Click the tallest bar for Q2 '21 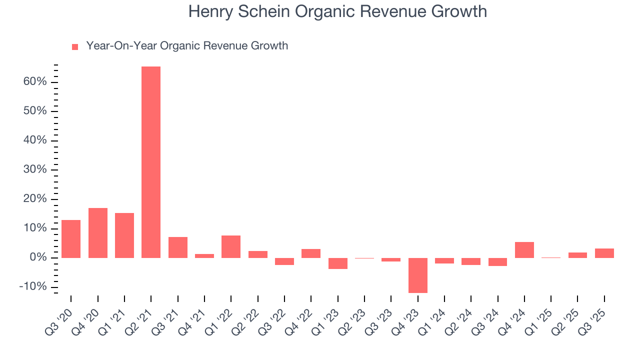coord(151,162)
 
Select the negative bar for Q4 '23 coord(418,275)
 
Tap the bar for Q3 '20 coord(71,238)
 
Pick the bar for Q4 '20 coord(98,232)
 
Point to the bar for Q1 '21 coord(124,235)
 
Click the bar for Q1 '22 coord(231,246)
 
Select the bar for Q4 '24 coord(524,249)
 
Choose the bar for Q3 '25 coord(604,253)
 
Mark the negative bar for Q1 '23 coord(338,263)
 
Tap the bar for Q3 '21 coord(178,247)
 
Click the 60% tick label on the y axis coord(35,81)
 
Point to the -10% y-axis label coord(33,287)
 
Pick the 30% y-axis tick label coord(35,169)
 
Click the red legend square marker coord(75,46)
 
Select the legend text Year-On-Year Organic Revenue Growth coord(187,46)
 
